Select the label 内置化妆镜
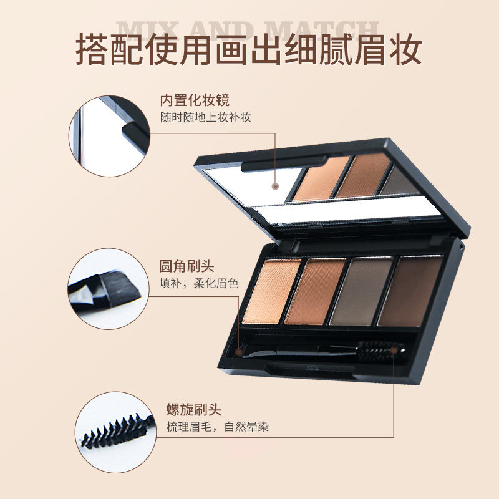click(x=194, y=100)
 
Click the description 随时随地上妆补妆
click(x=205, y=117)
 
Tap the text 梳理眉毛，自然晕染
click(x=218, y=427)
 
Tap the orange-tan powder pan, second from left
click(x=316, y=291)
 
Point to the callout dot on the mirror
click(x=274, y=186)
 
